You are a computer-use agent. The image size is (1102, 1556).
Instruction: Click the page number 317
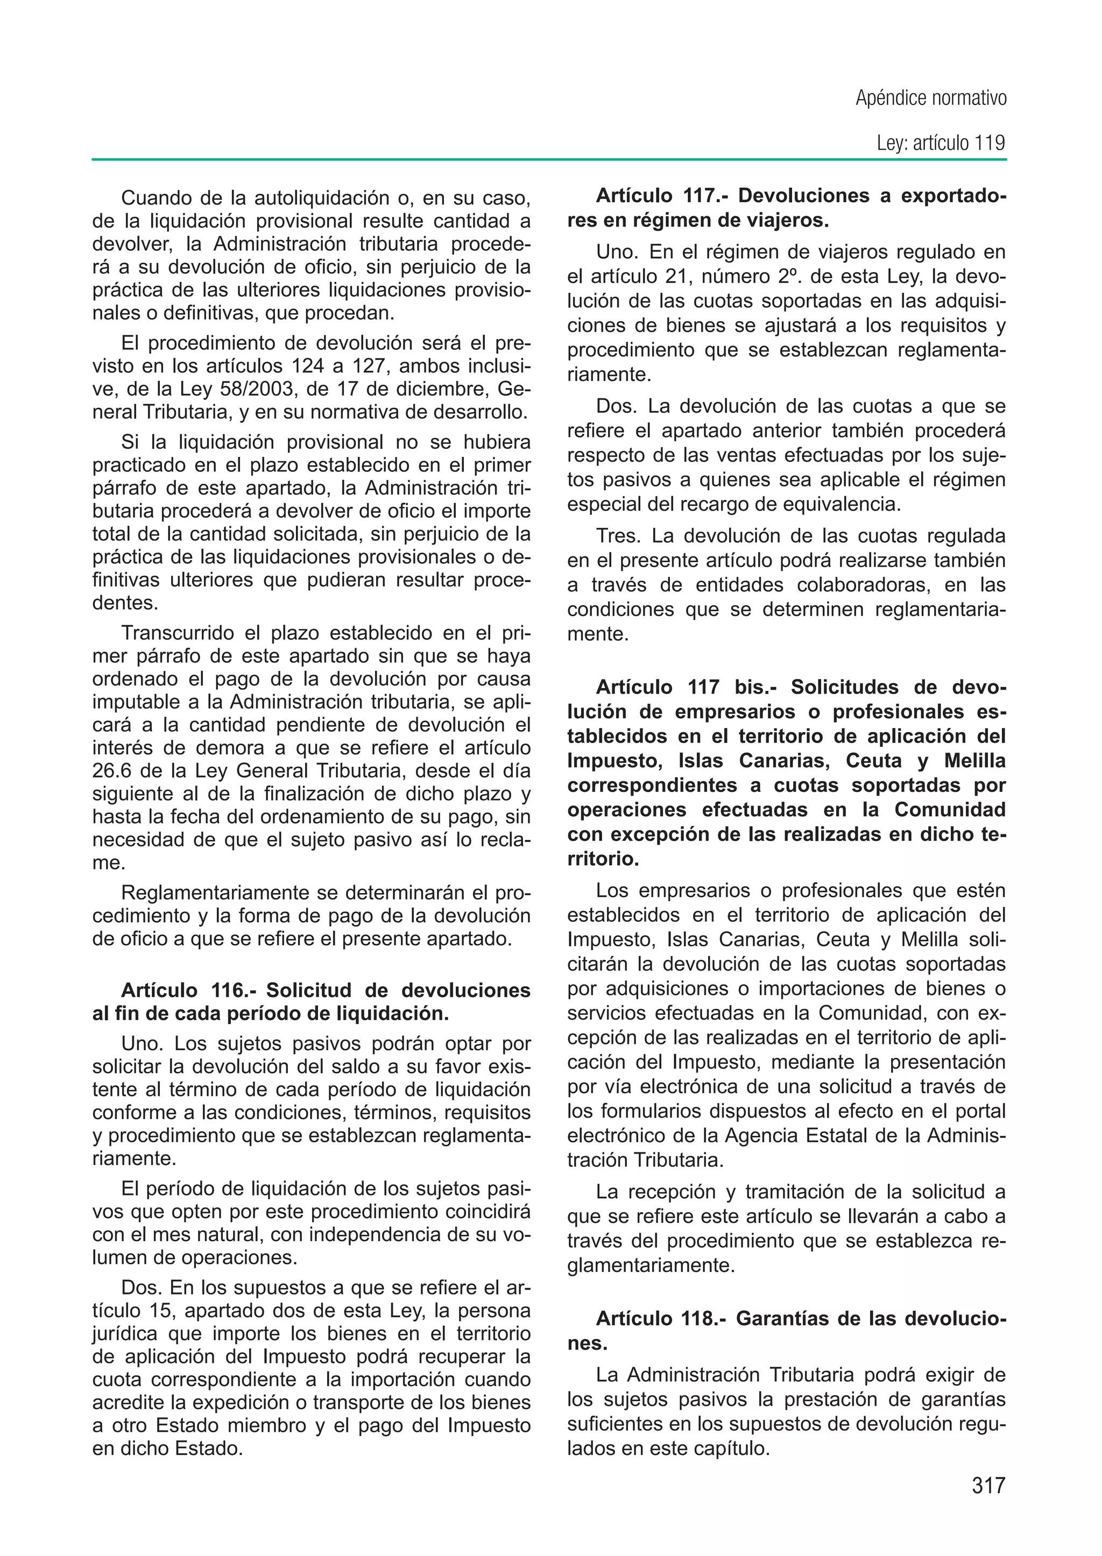coord(987,1486)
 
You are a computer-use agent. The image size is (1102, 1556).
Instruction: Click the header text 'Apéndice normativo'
coord(930,98)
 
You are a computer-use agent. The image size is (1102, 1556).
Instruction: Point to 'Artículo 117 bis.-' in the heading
coord(684,688)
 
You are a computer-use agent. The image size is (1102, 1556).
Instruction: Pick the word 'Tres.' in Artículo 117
coord(618,536)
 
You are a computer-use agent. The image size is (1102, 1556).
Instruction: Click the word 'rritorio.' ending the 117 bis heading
coord(603,859)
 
